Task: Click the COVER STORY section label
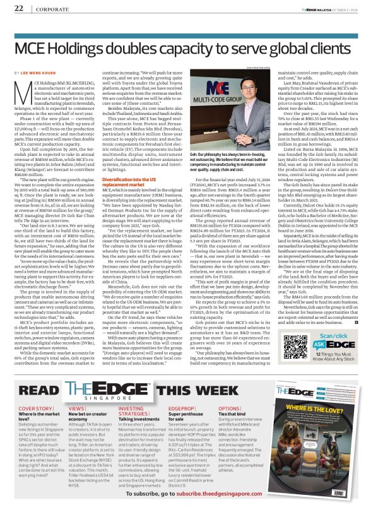click(x=35, y=392)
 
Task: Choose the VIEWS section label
click(x=78, y=392)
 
